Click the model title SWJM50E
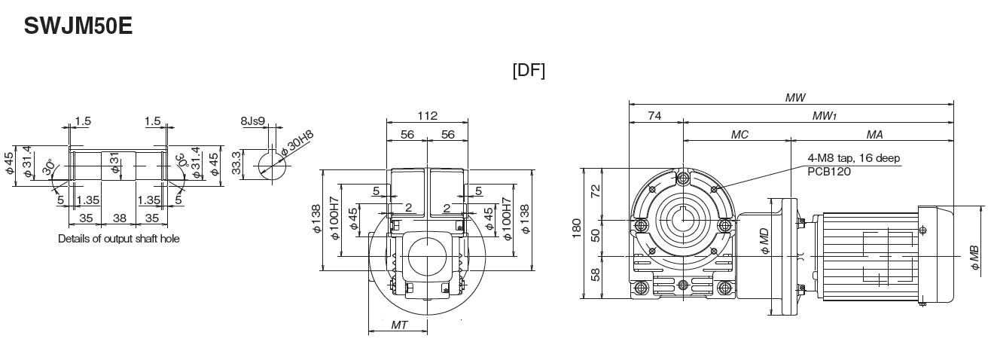click(78, 26)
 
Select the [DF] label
click(528, 70)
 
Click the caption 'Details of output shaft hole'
click(119, 239)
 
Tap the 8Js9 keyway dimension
click(253, 121)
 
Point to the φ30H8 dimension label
click(297, 144)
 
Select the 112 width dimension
click(426, 116)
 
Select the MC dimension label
click(739, 134)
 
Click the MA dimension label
click(874, 134)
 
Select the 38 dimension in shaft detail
click(118, 219)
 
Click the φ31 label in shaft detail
click(115, 163)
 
